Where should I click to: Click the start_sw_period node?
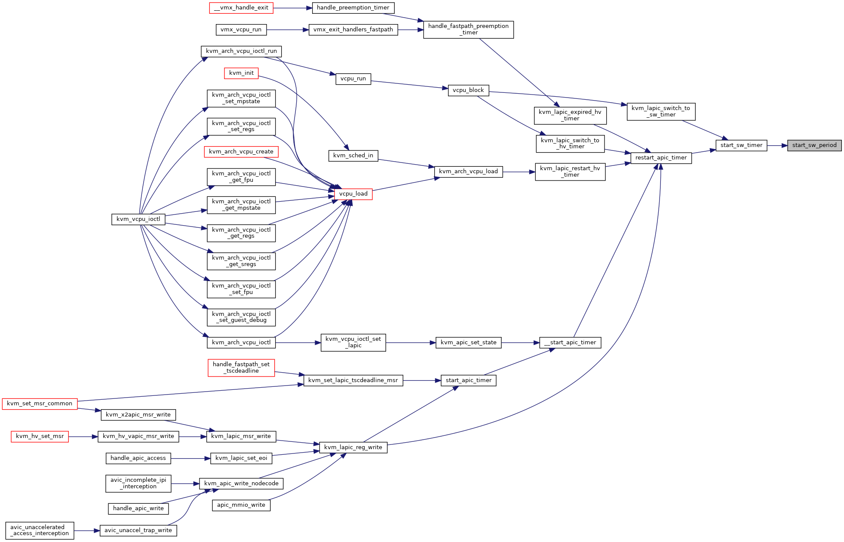[814, 145]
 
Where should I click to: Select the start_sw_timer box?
[741, 145]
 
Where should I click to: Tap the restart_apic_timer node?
[661, 158]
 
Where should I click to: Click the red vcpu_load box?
[353, 194]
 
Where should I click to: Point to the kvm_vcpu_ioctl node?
[138, 219]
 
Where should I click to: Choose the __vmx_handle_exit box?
[241, 8]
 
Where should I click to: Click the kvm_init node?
[241, 73]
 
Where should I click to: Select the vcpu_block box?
[468, 90]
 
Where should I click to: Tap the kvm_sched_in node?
[353, 156]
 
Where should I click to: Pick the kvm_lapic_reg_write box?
[353, 447]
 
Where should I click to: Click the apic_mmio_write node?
[241, 505]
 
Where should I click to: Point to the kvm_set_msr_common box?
[40, 404]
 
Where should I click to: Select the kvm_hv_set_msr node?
[40, 436]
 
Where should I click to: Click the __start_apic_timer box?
[570, 343]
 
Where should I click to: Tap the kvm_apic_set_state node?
[468, 343]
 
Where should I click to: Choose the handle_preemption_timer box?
[353, 8]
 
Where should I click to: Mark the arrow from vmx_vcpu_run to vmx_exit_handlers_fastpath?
[288, 30]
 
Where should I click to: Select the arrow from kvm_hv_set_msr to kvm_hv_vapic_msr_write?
[83, 437]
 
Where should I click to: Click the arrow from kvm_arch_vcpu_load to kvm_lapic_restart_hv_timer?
[519, 172]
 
